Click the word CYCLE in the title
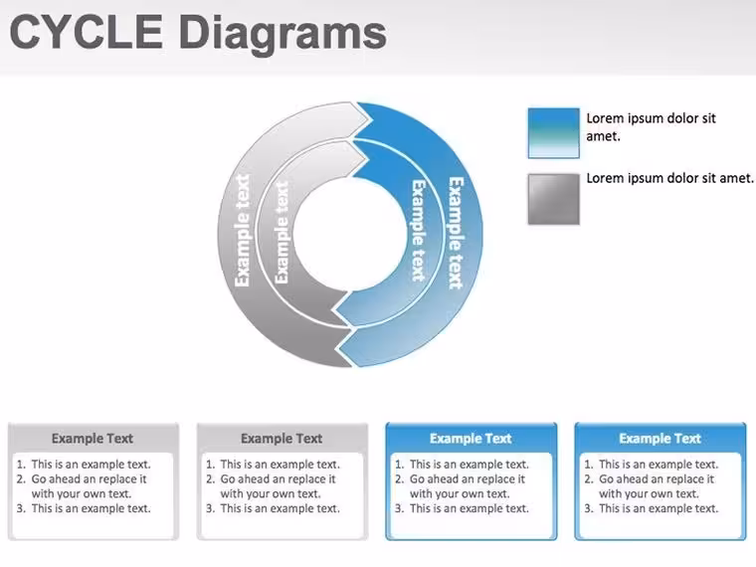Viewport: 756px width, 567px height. (87, 32)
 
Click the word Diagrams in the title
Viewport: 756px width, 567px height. (283, 35)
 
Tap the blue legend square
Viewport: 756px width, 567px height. (553, 133)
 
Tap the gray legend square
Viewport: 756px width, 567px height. (553, 199)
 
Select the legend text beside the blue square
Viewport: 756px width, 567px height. (651, 126)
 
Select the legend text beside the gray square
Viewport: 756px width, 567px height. (669, 178)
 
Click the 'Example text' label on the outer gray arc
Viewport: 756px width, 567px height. (242, 231)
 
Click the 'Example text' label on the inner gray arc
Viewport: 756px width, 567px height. (282, 233)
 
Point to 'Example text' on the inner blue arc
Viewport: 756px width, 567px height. (418, 231)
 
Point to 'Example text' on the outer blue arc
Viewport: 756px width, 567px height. (457, 234)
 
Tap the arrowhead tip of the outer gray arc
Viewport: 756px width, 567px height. (370, 118)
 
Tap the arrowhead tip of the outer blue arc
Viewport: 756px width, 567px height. (336, 346)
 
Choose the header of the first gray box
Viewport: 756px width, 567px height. (93, 439)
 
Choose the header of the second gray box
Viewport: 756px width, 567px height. (282, 439)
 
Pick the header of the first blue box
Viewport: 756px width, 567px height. (471, 439)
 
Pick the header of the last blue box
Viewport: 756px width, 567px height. (661, 439)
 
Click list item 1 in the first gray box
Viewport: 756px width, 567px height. (84, 465)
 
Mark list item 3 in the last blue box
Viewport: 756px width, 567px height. (652, 508)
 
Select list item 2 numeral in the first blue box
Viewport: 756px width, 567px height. (399, 479)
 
